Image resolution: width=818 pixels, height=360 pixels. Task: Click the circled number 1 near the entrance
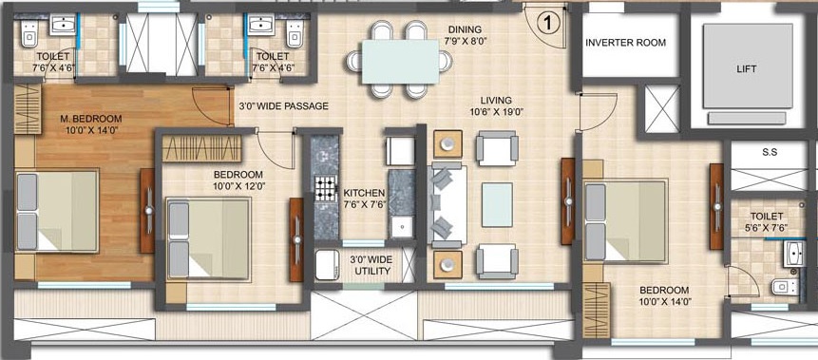(x=547, y=19)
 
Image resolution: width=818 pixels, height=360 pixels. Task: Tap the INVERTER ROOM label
(x=625, y=43)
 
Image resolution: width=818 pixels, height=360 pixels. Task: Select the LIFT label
(x=748, y=69)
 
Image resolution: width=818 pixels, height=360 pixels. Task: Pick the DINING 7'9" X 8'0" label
(x=466, y=36)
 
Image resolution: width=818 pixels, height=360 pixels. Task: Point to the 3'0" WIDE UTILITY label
(x=371, y=264)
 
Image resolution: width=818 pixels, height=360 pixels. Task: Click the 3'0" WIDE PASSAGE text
(x=283, y=106)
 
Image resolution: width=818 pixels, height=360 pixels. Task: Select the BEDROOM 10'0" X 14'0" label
(x=665, y=295)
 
